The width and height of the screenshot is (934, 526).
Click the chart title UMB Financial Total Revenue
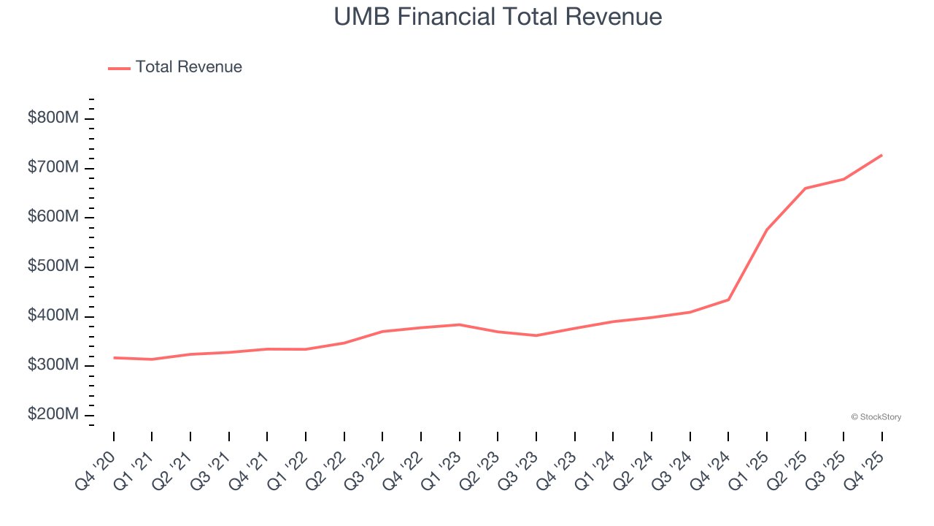498,17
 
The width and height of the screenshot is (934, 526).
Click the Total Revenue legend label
188,67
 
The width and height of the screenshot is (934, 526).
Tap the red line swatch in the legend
119,68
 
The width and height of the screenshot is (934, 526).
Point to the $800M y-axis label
53,118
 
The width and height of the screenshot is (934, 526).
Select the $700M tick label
53,168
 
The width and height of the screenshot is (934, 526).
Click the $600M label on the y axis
53,218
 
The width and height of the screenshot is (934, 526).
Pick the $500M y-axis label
53,267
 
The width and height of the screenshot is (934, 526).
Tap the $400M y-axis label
53,316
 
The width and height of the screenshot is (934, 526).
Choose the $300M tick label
53,365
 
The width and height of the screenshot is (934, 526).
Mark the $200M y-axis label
53,415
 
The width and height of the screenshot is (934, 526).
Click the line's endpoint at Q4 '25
881,155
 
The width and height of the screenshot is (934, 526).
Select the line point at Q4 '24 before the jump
728,300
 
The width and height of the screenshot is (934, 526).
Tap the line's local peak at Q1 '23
459,324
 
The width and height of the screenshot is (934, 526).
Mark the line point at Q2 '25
805,188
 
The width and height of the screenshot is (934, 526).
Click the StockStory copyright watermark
876,417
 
